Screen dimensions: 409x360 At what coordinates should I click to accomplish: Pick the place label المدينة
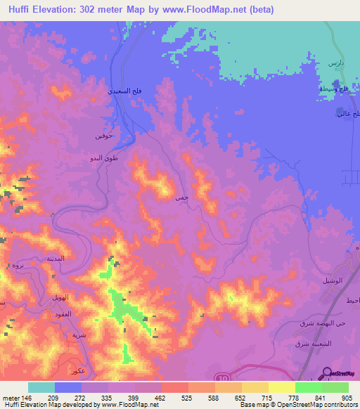56,259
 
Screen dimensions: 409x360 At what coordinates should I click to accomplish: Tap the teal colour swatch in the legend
41,387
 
